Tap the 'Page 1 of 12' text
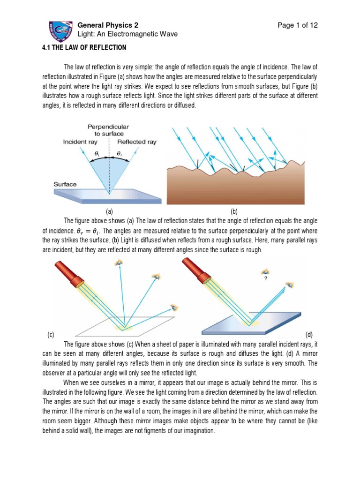point(297,25)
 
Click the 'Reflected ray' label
point(137,142)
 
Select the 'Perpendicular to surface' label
point(108,130)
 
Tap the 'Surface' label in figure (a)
point(64,184)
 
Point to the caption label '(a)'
point(109,212)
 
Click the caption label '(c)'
point(52,335)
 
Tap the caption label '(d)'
point(309,335)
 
